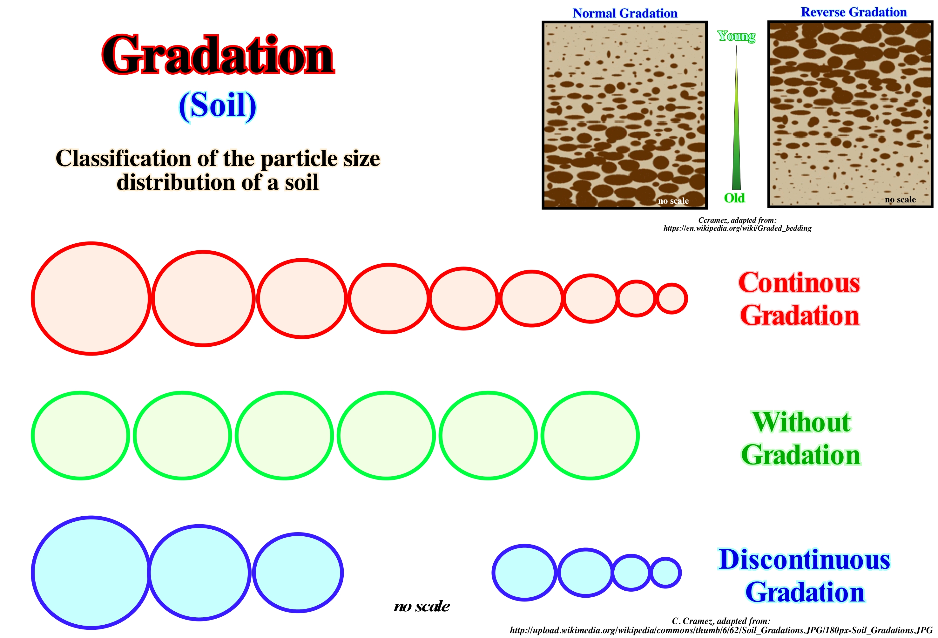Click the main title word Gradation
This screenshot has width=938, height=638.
pyautogui.click(x=218, y=55)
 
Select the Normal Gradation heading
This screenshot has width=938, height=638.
pyautogui.click(x=625, y=13)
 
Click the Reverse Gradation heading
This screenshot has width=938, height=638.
pyautogui.click(x=854, y=12)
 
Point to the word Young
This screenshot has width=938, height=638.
pyautogui.click(x=737, y=36)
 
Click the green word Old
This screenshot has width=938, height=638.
pyautogui.click(x=734, y=198)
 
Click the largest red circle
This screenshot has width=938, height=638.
pyautogui.click(x=33, y=299)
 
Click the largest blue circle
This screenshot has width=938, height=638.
pyautogui.click(x=33, y=573)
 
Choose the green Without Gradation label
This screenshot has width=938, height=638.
pyautogui.click(x=801, y=438)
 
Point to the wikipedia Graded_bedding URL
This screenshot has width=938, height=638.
pyautogui.click(x=737, y=228)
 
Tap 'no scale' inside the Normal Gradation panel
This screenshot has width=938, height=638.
pyautogui.click(x=673, y=201)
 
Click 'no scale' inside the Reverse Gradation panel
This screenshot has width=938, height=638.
pyautogui.click(x=900, y=200)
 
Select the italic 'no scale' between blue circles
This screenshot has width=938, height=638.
pyautogui.click(x=422, y=606)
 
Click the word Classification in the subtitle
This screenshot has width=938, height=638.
pyautogui.click(x=124, y=158)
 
